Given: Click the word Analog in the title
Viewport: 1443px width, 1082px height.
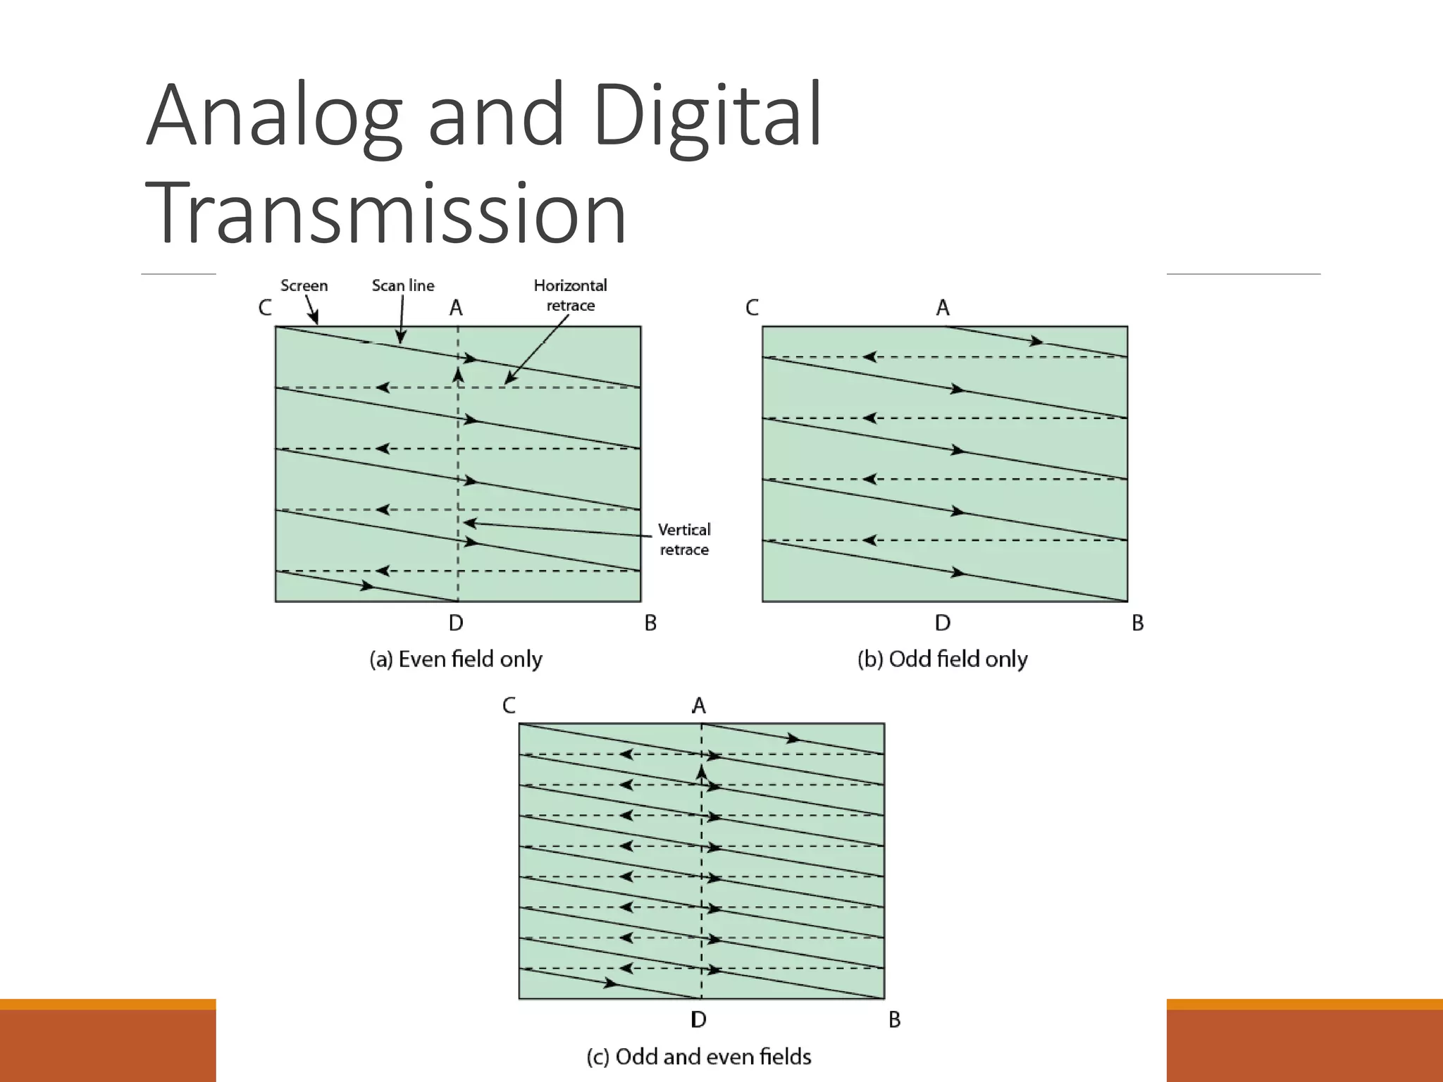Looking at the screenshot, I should (275, 116).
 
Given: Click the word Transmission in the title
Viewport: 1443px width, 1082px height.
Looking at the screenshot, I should (385, 213).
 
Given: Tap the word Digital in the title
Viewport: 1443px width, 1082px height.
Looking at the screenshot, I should (707, 116).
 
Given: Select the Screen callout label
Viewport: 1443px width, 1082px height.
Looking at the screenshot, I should (304, 285).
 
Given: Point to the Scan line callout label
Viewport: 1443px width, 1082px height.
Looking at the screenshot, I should (403, 285).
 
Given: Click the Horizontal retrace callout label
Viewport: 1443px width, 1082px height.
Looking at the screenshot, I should (570, 295).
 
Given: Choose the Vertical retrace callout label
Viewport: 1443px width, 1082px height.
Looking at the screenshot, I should (684, 539).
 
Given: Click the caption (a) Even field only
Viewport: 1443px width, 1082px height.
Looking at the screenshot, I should (456, 659).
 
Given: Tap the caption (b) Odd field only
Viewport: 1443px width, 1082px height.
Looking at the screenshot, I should (942, 659).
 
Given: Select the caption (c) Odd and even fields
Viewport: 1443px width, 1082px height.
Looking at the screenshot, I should (699, 1057).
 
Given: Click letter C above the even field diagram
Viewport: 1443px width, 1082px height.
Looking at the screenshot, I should (265, 308).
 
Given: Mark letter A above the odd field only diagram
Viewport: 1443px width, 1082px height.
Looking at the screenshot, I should (943, 308).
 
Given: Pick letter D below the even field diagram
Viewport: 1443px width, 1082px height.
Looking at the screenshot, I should (456, 623).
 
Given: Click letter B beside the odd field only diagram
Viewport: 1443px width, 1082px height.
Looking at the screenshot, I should (1137, 623).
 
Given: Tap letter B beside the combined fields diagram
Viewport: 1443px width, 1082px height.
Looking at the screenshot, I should (894, 1019).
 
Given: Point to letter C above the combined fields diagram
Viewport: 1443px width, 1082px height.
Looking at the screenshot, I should (509, 705).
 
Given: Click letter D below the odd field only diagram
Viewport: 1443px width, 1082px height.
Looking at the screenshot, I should (943, 623).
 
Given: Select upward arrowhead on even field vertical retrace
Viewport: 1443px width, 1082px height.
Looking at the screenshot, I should (458, 374).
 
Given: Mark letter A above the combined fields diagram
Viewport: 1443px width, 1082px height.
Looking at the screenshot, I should (698, 705).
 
